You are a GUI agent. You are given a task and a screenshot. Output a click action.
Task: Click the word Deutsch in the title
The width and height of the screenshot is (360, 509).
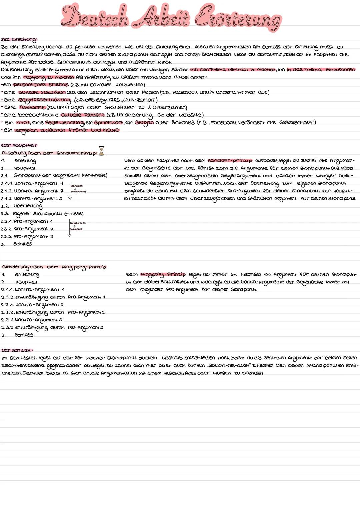point(95,17)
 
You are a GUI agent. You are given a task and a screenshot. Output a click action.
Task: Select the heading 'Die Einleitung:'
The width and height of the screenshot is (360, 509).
point(19,40)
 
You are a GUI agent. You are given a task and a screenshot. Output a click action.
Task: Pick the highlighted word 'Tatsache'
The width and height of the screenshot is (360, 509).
point(32,107)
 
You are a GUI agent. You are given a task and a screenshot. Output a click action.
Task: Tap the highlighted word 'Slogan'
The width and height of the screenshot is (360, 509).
point(144,122)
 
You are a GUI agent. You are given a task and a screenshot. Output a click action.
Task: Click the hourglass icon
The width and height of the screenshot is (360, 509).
point(101,151)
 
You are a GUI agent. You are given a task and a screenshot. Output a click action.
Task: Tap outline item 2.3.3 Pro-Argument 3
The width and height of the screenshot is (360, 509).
point(33,236)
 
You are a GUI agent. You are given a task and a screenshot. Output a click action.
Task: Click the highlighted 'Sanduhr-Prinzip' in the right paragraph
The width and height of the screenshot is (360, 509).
point(230,161)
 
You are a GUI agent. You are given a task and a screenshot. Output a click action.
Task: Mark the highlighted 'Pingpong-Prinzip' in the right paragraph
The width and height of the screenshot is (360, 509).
point(163,274)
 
